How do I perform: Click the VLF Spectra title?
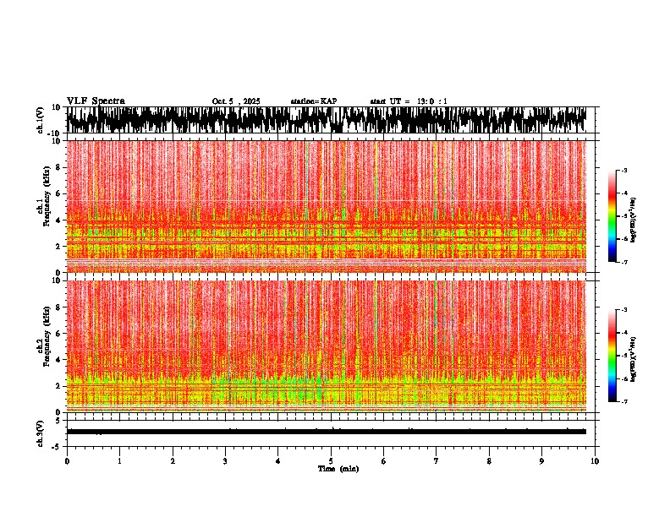[96, 101]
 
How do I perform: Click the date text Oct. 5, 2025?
[236, 101]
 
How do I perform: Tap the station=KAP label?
[313, 101]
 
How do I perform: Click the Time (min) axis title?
[338, 468]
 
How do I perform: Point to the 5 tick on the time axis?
[331, 461]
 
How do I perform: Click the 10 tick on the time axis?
[595, 461]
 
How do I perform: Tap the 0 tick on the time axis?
[67, 461]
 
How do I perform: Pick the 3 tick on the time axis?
[225, 461]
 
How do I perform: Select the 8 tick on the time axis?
[489, 461]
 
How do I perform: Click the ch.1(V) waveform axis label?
[40, 121]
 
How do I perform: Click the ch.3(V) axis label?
[40, 432]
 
